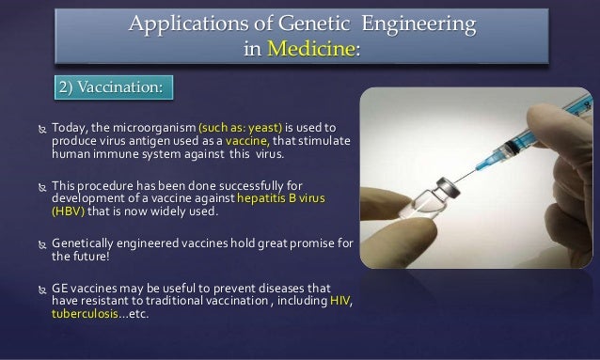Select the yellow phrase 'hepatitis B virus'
click(x=283, y=198)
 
